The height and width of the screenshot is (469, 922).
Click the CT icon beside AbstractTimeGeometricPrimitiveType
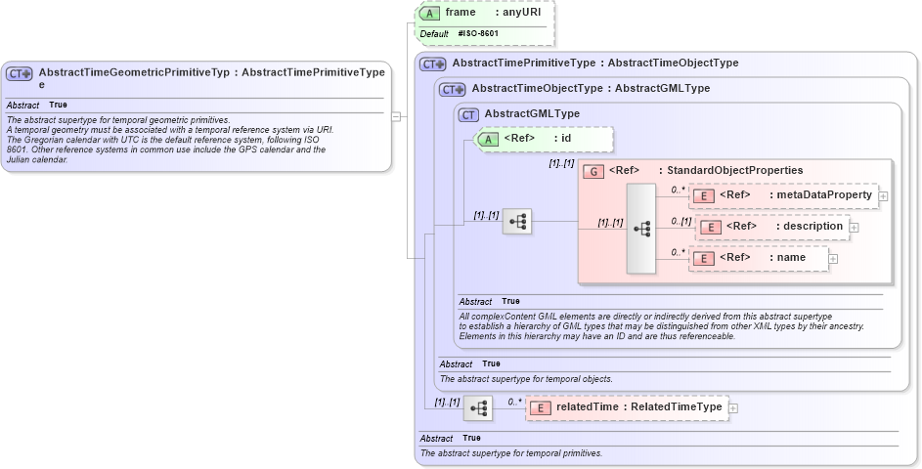pos(20,73)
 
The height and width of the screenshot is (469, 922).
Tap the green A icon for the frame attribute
pos(429,13)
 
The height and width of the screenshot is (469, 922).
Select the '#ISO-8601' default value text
pos(478,33)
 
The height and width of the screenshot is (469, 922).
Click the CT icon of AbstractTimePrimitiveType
pos(432,64)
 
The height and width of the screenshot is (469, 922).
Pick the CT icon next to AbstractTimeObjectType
pos(453,89)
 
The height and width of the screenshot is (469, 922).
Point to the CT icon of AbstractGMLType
pos(470,113)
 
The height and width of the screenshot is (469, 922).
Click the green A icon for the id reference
pos(487,139)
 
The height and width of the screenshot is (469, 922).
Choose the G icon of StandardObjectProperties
pos(593,171)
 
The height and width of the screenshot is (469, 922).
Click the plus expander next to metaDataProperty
pos(883,195)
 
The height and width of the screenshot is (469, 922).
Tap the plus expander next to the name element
pos(833,258)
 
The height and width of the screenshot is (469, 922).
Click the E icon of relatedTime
pos(541,407)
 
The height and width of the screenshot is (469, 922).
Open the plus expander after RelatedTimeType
pos(733,407)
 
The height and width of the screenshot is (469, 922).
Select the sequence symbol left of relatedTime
pos(478,407)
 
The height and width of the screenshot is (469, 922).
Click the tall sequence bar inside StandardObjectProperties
pos(641,229)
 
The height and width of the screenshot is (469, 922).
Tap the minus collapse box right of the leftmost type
pos(395,115)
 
